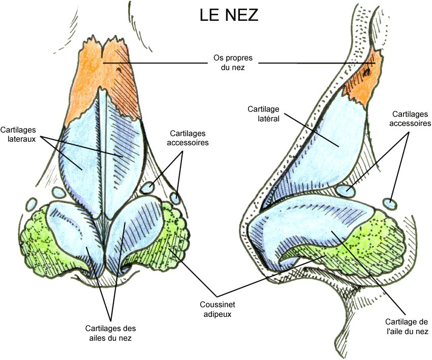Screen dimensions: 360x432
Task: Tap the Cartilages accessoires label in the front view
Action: coord(187,139)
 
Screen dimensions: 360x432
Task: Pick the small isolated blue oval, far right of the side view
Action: coord(390,203)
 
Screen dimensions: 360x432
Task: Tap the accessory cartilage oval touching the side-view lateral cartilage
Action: coord(346,191)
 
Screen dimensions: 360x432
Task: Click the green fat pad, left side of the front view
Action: coord(36,234)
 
